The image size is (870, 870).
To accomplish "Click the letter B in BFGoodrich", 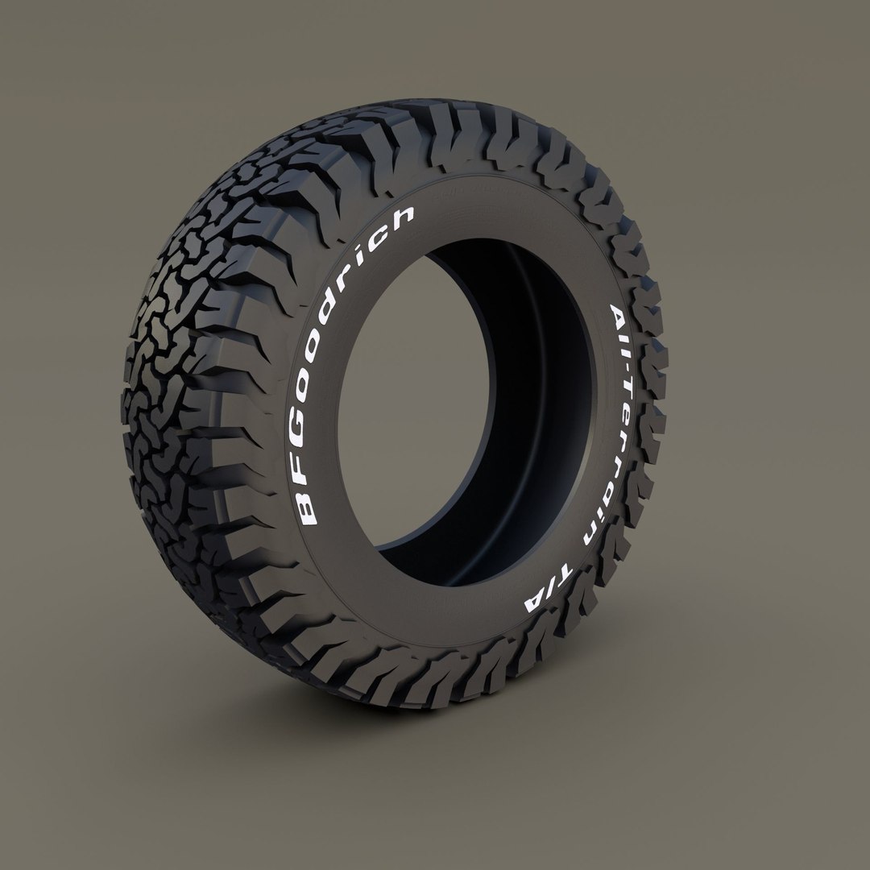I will (307, 511).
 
